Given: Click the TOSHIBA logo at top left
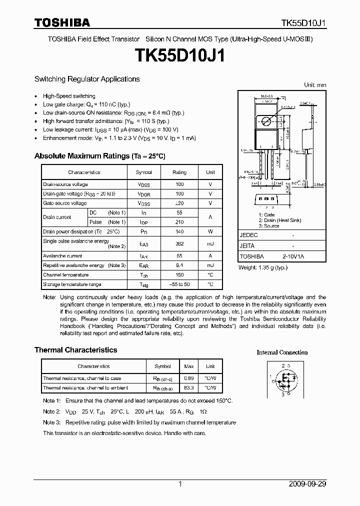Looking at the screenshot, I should pyautogui.click(x=62, y=22).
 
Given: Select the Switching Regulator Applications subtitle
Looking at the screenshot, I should pyautogui.click(x=87, y=79).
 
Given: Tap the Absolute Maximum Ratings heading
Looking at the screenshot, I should pyautogui.click(x=99, y=156).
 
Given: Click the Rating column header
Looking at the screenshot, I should pyautogui.click(x=179, y=172).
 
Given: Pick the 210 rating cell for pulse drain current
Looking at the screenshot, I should pyautogui.click(x=179, y=222).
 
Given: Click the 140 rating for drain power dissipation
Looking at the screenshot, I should pyautogui.click(x=179, y=231).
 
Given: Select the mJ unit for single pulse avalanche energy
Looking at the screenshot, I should pyautogui.click(x=210, y=244).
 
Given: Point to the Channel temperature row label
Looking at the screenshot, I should pyautogui.click(x=66, y=275).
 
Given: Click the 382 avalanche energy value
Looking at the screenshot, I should pyautogui.click(x=179, y=244).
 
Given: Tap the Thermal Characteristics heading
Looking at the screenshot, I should pyautogui.click(x=75, y=350).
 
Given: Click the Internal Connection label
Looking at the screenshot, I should pyautogui.click(x=282, y=352).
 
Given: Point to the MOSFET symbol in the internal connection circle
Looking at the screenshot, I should pyautogui.click(x=284, y=379).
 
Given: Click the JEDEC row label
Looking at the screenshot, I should pyautogui.click(x=249, y=234).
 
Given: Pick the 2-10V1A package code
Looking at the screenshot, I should pyautogui.click(x=293, y=255).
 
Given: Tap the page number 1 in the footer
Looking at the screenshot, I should pyautogui.click(x=180, y=484).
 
